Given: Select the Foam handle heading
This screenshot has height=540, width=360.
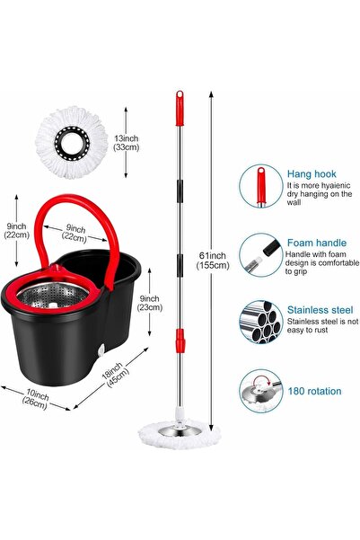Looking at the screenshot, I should [x=316, y=243].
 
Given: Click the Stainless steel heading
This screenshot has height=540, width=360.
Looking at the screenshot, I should [x=320, y=309].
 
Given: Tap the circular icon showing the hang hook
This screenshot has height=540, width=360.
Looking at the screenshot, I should [x=260, y=190].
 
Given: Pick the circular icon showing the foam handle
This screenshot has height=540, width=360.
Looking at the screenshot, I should [x=260, y=256].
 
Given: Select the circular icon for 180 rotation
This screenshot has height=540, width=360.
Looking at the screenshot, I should [x=260, y=390].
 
